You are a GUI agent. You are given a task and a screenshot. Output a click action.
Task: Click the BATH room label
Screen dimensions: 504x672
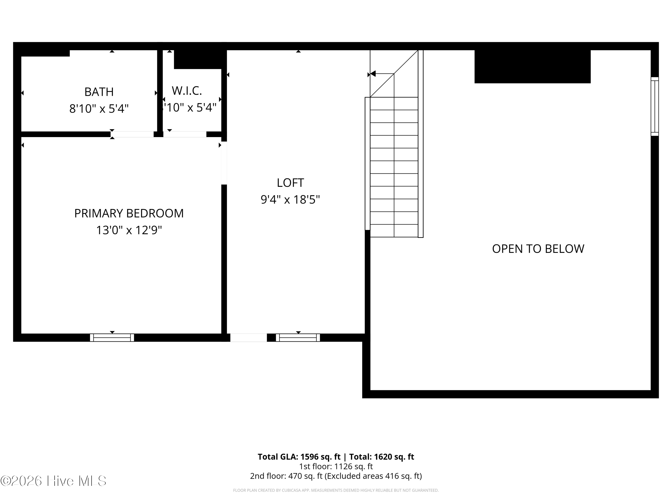click(99, 92)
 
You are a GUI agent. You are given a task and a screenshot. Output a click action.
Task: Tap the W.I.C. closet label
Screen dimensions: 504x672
click(187, 90)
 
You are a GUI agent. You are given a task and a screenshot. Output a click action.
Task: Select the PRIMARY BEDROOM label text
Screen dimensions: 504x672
click(129, 213)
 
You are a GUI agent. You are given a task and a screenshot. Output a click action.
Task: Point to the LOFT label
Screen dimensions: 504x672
click(290, 183)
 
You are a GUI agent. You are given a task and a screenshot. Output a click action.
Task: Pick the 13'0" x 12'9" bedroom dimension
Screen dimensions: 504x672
click(129, 230)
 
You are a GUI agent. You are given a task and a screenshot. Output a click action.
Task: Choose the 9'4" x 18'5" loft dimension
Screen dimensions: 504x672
click(290, 200)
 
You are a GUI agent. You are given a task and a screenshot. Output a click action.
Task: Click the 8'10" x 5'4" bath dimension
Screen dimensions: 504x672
click(99, 108)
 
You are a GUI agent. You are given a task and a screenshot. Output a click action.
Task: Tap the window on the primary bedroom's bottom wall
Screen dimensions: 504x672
click(112, 338)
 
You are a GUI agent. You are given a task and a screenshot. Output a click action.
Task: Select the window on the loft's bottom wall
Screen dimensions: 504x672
click(298, 338)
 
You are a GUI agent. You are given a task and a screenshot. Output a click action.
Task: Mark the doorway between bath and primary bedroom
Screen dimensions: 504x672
click(132, 134)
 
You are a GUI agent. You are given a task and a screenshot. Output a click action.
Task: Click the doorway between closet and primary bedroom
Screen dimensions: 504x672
click(185, 134)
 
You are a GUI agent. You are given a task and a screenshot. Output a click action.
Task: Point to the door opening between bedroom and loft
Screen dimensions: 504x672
click(224, 163)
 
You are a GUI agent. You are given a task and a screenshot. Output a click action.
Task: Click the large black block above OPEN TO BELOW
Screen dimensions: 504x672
click(532, 66)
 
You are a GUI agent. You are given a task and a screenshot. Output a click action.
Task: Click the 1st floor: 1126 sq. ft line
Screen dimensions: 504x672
click(336, 466)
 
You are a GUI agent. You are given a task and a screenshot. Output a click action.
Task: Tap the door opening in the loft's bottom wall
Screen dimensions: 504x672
click(248, 338)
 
